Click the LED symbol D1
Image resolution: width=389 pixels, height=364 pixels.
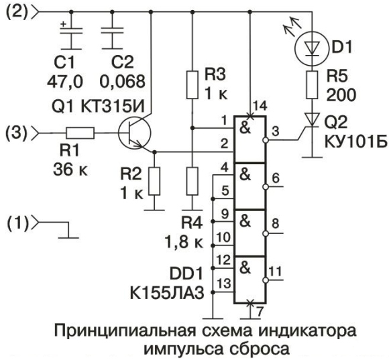point(312,49)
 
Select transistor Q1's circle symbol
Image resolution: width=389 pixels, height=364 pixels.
point(134,133)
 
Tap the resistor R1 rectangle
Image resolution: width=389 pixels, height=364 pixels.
point(80,133)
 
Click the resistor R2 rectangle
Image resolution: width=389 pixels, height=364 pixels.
point(154,181)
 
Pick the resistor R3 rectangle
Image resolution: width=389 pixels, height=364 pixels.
point(192,85)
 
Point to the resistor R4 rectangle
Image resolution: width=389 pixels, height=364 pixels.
point(192,181)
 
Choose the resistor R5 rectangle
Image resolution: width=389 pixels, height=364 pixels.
point(312,85)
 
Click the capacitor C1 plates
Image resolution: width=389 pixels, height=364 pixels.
point(72,31)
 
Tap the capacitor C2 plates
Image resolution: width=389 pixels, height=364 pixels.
point(112,31)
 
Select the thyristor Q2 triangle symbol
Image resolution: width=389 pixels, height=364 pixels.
point(312,120)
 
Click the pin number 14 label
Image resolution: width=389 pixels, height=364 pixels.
point(260,106)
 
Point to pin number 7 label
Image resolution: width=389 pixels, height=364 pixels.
point(260,312)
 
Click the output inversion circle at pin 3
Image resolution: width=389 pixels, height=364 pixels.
point(266,140)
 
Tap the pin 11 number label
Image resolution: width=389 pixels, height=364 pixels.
point(276,271)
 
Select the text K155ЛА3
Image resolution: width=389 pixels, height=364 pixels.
point(167,293)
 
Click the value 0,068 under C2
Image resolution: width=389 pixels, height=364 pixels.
point(122,81)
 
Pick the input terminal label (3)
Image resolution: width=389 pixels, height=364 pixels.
point(16,133)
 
